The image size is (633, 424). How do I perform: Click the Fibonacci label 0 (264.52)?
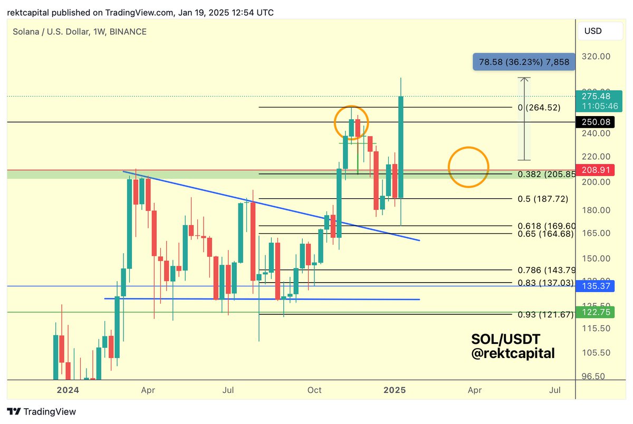539,108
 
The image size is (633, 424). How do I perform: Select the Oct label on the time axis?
314,390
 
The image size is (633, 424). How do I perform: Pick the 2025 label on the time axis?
394,390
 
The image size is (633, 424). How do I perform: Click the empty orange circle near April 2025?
468,167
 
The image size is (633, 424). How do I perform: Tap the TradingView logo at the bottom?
42,412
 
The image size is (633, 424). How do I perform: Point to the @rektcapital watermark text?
513,353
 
